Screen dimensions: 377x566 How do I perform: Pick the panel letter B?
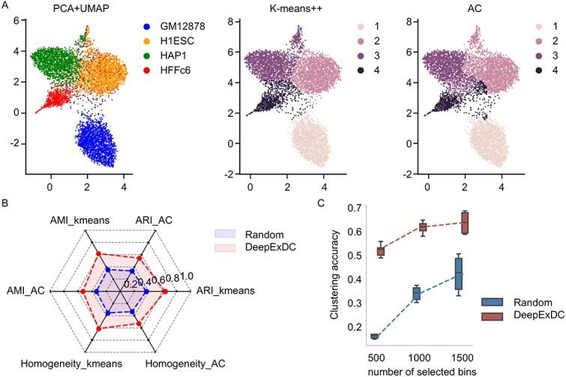click(7, 202)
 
